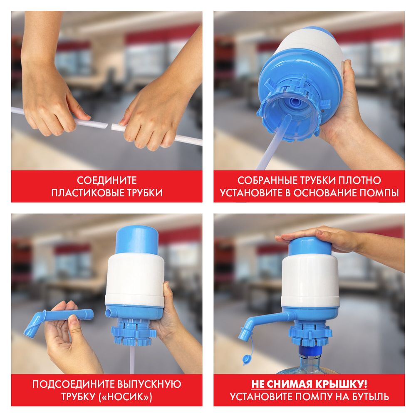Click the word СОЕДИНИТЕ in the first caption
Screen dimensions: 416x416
coord(106,181)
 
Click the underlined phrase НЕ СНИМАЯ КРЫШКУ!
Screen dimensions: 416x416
coord(309,384)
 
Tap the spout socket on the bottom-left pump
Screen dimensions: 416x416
coord(109,311)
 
